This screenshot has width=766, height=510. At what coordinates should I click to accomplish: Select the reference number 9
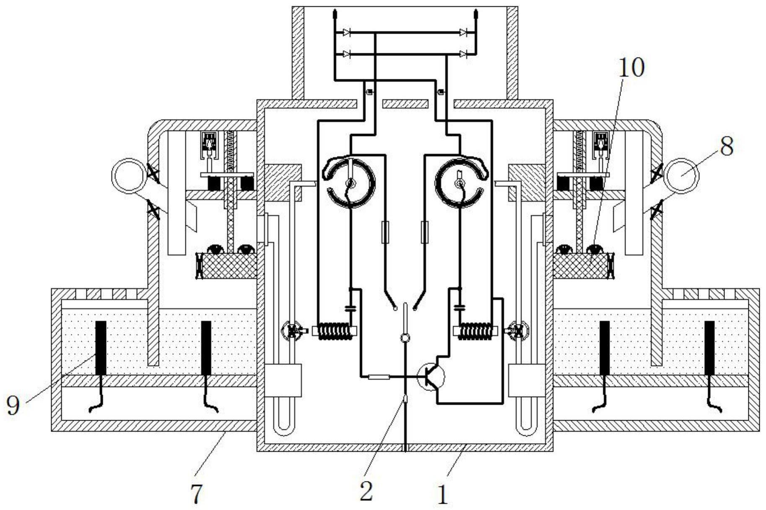pyautogui.click(x=13, y=405)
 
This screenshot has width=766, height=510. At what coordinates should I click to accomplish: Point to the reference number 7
pyautogui.click(x=197, y=493)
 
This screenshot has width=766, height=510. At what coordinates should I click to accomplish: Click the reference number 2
pyautogui.click(x=366, y=491)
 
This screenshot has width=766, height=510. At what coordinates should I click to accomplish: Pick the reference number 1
pyautogui.click(x=443, y=494)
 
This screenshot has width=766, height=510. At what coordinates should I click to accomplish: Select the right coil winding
pyautogui.click(x=475, y=331)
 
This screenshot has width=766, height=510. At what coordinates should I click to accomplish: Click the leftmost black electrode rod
pyautogui.click(x=101, y=348)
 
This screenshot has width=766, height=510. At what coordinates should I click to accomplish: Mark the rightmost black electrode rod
pyautogui.click(x=709, y=348)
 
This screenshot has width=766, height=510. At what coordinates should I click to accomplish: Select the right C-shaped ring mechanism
pyautogui.click(x=460, y=182)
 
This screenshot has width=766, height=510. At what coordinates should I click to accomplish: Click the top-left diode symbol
pyautogui.click(x=346, y=32)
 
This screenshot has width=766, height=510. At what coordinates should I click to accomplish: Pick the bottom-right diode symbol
pyautogui.click(x=463, y=54)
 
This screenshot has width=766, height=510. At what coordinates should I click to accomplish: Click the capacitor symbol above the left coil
pyautogui.click(x=350, y=308)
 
